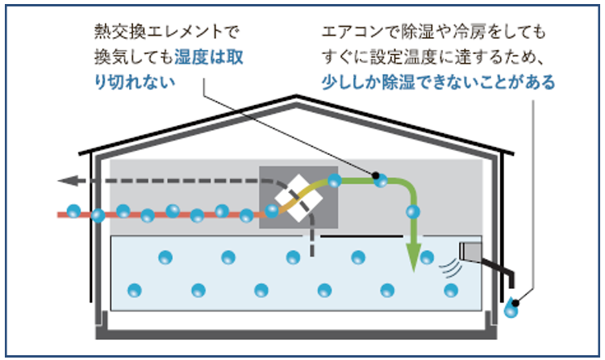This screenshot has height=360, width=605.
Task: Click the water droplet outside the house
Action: coord(511,308)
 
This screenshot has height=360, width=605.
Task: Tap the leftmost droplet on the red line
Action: coord(73,211)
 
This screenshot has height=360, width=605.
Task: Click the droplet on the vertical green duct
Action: coord(413,213)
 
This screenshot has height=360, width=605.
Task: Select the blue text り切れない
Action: coord(134,83)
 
